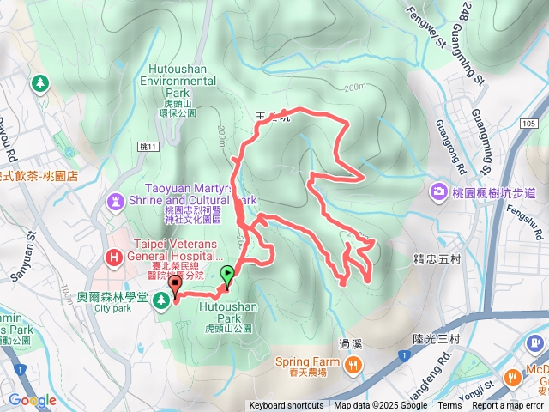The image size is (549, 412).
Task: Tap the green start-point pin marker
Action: pos(227,276)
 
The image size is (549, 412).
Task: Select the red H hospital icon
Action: pos(113,257)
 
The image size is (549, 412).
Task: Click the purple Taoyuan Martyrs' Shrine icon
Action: pos(114,200)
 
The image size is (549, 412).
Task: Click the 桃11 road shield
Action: pos(147,148)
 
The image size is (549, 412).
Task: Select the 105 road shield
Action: pos(528,124)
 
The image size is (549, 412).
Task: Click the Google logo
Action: pos(32,400)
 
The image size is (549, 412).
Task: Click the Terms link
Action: pos(449,406)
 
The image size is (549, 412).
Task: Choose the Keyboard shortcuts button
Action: pos(287,406)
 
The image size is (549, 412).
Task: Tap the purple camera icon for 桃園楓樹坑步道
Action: pos(439,190)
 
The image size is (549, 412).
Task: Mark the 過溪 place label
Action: pos(350,344)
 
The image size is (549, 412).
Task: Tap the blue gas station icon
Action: pos(536,343)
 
